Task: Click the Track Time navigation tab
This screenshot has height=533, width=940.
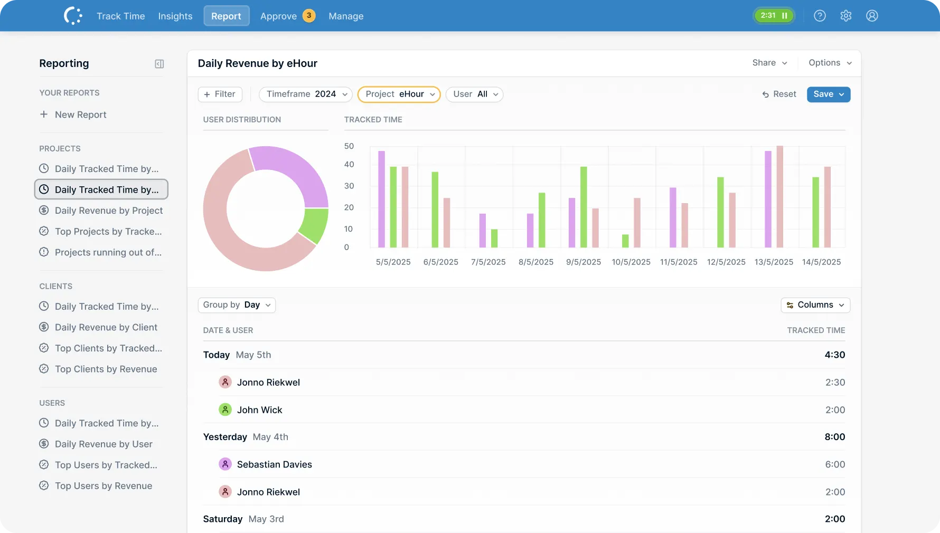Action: pos(120,16)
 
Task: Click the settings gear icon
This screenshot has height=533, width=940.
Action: pos(845,16)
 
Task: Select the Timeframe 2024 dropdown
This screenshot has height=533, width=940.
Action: pos(306,94)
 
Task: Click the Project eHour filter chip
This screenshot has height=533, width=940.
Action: pos(399,94)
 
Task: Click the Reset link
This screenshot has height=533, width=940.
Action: pos(779,94)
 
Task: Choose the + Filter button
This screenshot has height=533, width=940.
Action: pos(220,94)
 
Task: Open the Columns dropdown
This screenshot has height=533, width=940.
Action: pos(815,305)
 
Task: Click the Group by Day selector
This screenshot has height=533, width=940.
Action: pos(237,305)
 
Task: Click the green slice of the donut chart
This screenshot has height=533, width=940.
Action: pos(315,225)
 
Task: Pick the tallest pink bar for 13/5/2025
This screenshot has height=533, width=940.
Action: pos(779,196)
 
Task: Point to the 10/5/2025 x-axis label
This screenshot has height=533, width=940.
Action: pos(631,262)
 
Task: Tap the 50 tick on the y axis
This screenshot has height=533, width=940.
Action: pos(349,146)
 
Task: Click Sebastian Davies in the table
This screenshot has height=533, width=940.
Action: pos(274,464)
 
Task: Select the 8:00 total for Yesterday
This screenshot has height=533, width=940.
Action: pos(834,437)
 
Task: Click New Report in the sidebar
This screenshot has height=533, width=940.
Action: pos(80,115)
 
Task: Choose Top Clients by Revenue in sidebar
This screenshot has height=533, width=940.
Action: pos(106,369)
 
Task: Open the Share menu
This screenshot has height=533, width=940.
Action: pos(769,63)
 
